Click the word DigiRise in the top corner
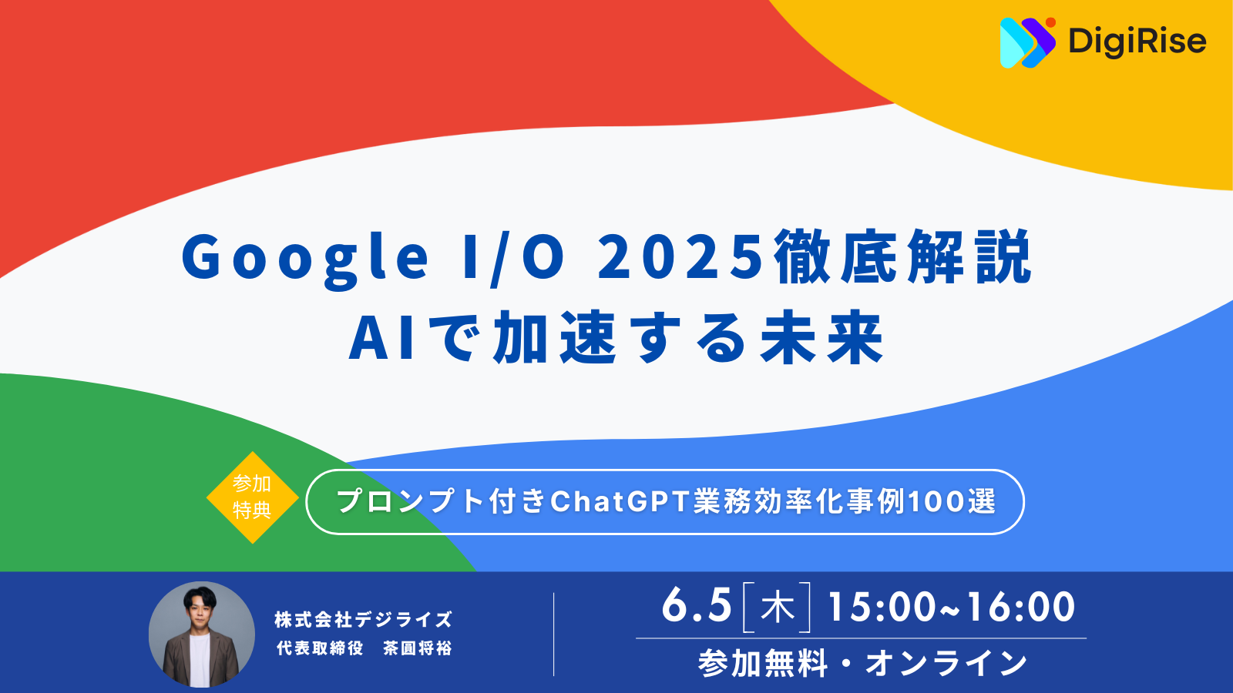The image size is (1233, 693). (x=1137, y=42)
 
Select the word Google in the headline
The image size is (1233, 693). (x=305, y=258)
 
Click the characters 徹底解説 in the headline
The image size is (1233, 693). (x=903, y=257)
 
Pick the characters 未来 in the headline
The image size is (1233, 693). (x=821, y=339)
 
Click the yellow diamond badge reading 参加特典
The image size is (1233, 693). (x=252, y=497)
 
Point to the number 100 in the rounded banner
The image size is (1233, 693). (x=936, y=502)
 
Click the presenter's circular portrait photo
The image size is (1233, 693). (x=202, y=634)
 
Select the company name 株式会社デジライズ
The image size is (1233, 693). (x=364, y=620)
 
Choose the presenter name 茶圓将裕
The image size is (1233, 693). (x=418, y=648)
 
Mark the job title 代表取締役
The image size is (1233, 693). (x=320, y=648)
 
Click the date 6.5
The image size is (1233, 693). (x=697, y=606)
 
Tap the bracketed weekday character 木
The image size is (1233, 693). (x=777, y=608)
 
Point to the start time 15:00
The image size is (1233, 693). (x=881, y=607)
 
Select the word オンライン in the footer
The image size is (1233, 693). (x=946, y=663)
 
